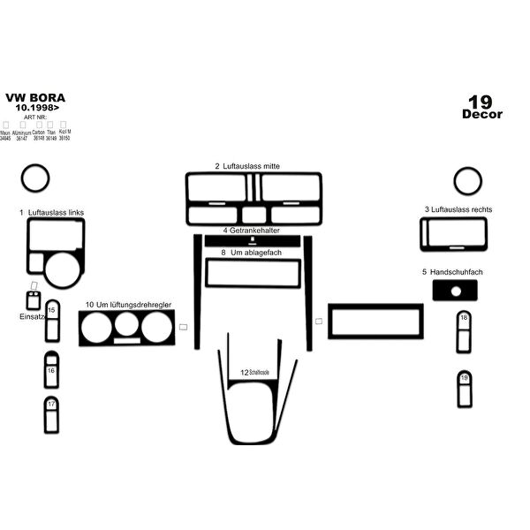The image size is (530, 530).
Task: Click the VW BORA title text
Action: click(34, 98)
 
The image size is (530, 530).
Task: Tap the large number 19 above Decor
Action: click(481, 100)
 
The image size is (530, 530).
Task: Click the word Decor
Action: click(481, 114)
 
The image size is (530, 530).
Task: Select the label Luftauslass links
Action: click(52, 213)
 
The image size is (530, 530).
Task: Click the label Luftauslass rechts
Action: click(458, 209)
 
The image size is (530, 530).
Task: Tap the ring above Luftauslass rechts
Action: click(467, 182)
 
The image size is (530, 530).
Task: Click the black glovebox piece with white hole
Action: click(456, 291)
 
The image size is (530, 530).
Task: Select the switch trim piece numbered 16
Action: click(52, 370)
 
